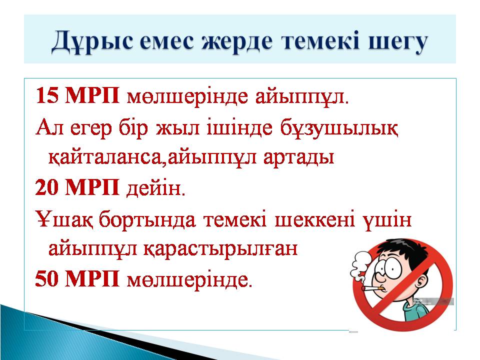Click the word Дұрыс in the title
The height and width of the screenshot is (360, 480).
click(x=92, y=41)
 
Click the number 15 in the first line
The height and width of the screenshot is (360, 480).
click(x=47, y=95)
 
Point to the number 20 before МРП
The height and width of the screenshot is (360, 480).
click(x=47, y=187)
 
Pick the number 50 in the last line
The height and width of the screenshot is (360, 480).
click(x=47, y=278)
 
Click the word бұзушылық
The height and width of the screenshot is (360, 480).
click(x=339, y=128)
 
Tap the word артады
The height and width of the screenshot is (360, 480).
click(x=298, y=158)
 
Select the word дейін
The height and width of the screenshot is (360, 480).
click(x=156, y=188)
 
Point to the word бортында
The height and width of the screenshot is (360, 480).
click(x=148, y=219)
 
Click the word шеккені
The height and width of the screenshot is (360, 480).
click(x=315, y=219)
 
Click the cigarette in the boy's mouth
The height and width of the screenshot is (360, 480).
click(x=372, y=288)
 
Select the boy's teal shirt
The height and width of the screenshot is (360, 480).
click(x=417, y=309)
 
